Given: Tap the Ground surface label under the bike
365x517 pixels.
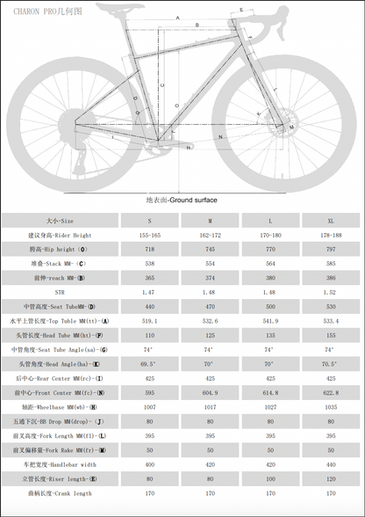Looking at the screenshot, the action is pyautogui.click(x=182, y=200).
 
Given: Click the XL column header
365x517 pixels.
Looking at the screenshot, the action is pyautogui.click(x=330, y=222).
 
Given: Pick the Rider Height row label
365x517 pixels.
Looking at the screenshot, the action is pyautogui.click(x=61, y=236).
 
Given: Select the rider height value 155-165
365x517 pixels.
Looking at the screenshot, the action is pyautogui.click(x=149, y=236).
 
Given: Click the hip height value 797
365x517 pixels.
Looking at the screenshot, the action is pyautogui.click(x=330, y=249).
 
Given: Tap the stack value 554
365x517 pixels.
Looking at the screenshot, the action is pyautogui.click(x=209, y=263).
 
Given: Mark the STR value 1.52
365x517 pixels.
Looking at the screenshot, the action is pyautogui.click(x=330, y=291).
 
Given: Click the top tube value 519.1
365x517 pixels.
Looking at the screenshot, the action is pyautogui.click(x=149, y=320).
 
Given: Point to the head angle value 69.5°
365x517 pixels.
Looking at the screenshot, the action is pyautogui.click(x=149, y=362).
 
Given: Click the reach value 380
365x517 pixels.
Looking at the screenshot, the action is pyautogui.click(x=269, y=277).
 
